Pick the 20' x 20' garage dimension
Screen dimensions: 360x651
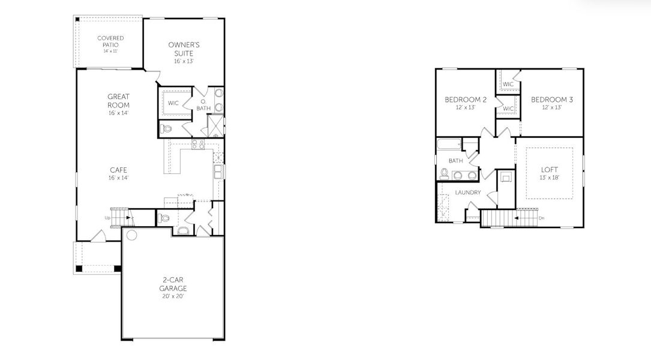pos(173,296)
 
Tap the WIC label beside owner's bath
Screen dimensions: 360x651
pos(173,103)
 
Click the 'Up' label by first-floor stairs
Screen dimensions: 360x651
pos(108,217)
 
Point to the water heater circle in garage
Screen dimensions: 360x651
pos(131,235)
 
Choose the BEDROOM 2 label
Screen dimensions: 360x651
pos(461,99)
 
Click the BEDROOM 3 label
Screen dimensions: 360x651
pos(552,99)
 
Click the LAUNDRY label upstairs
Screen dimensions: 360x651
pos(467,193)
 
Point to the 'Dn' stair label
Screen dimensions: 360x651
pos(541,218)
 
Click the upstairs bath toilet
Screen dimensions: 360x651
pos(444,174)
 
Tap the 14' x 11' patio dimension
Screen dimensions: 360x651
pos(110,51)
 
